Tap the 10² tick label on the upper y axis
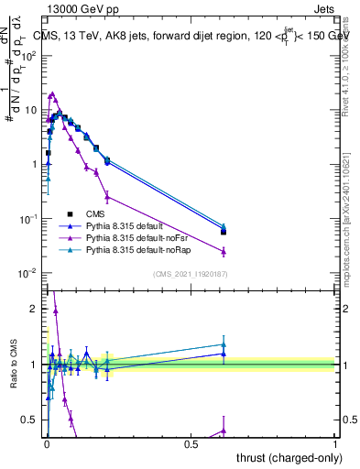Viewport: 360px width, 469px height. point(28,55)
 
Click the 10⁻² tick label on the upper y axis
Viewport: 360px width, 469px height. point(28,274)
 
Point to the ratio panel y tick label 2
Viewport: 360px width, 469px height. point(33,309)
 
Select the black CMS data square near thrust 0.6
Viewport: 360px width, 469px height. point(224,232)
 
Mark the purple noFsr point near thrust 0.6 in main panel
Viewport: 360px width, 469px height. point(224,251)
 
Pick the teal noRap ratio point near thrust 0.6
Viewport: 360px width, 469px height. point(224,345)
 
